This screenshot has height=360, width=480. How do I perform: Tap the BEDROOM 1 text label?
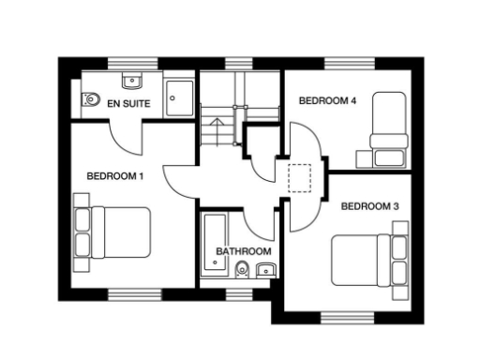click(x=115, y=175)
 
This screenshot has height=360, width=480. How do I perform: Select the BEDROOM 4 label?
click(x=327, y=100)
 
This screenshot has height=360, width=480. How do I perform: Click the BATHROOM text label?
click(x=244, y=251)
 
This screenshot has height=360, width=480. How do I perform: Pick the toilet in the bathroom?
click(x=243, y=271)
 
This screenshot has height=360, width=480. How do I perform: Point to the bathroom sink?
click(x=265, y=271)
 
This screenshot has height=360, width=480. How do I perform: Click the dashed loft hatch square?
click(x=300, y=177)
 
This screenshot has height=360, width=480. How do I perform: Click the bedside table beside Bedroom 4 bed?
click(x=385, y=157)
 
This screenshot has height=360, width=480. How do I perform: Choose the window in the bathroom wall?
click(x=239, y=292)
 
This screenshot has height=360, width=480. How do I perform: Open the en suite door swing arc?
click(x=124, y=139)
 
